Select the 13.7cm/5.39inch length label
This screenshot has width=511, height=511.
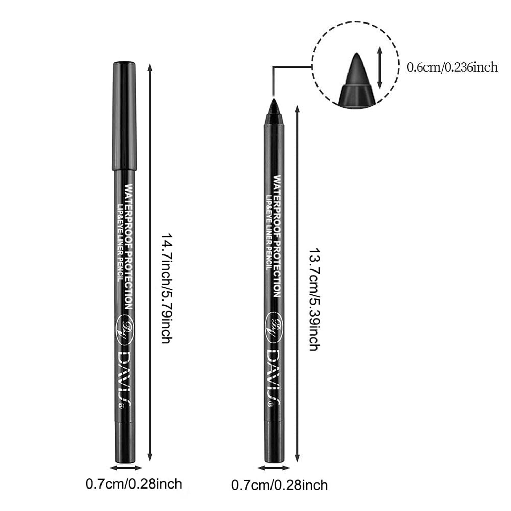(x=313, y=298)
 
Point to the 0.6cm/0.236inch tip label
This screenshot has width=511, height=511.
(x=452, y=67)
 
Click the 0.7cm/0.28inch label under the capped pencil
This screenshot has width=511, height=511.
(x=134, y=483)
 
